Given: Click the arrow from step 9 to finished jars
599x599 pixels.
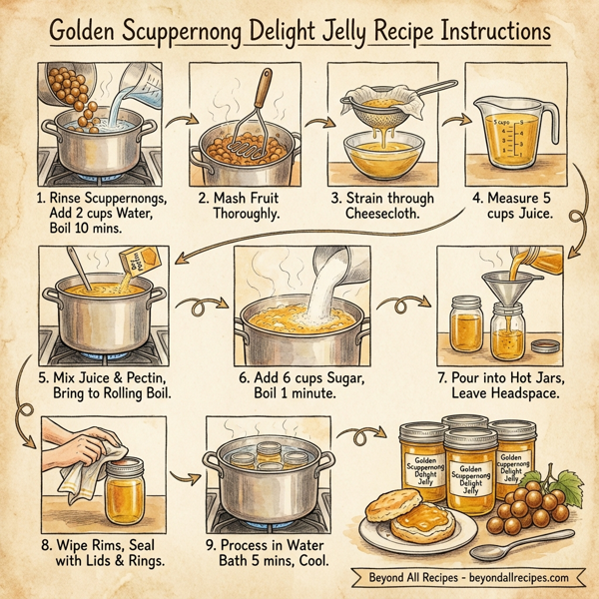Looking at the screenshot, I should tap(354, 436).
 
